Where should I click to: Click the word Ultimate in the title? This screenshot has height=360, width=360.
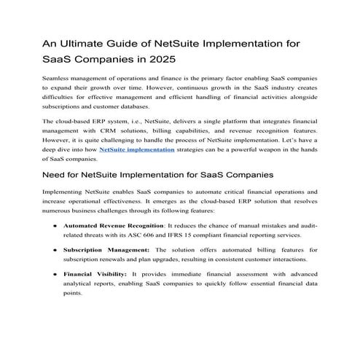[x=87, y=44]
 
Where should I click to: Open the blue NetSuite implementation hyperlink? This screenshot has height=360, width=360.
[x=136, y=169]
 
